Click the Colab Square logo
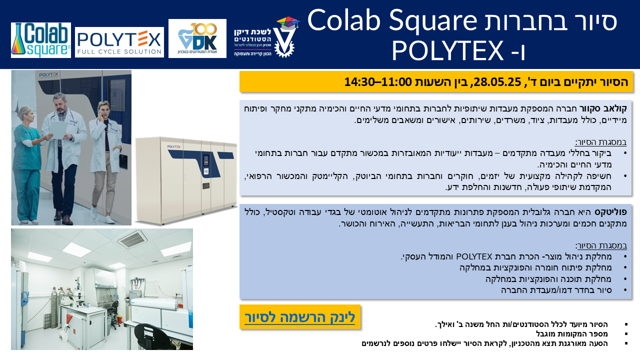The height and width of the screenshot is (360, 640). coord(41,40)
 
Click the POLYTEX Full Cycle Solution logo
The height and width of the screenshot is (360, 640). coord(119,42)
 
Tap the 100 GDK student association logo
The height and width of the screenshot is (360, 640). coord(197,38)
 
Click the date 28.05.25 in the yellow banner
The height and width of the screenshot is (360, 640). coord(497,82)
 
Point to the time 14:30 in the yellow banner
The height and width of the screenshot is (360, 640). coord(359,82)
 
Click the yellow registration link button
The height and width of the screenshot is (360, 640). coord(300,317)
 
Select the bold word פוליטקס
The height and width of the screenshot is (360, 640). coord(610,212)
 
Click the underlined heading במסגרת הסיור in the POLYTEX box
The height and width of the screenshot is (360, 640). coord(601,245)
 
